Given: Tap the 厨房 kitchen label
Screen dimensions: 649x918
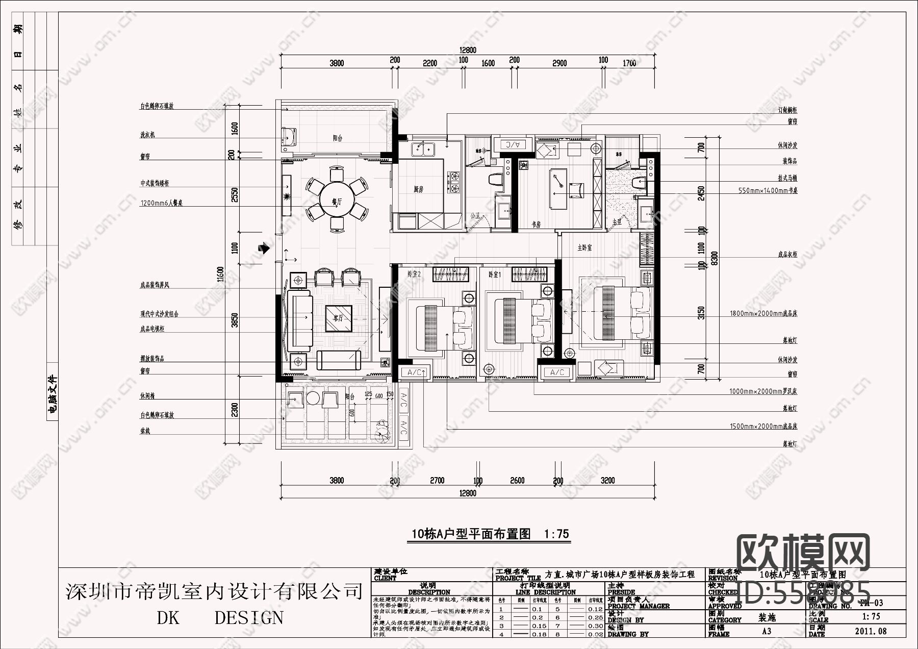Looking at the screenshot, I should (x=419, y=189).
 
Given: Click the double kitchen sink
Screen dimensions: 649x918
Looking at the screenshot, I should (x=422, y=149).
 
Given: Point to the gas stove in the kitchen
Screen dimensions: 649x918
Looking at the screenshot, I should (x=453, y=183).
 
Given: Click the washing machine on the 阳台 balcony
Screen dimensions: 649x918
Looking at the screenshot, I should (x=289, y=137).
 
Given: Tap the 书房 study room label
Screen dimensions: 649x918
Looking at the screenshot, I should (x=536, y=223).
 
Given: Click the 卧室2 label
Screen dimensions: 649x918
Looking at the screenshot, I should (x=414, y=274).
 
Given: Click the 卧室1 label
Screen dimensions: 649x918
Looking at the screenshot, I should (x=494, y=274).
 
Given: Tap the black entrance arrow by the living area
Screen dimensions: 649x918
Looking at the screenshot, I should (x=264, y=249).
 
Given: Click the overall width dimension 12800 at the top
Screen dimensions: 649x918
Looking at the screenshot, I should (x=467, y=50).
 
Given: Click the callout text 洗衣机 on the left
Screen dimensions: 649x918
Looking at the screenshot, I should (x=148, y=135).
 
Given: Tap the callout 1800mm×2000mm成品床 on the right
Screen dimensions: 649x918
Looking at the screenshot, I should (x=763, y=313).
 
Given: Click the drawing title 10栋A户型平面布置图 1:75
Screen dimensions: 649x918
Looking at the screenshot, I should (x=490, y=534).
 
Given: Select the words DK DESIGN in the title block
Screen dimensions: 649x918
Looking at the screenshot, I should (x=220, y=618).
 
